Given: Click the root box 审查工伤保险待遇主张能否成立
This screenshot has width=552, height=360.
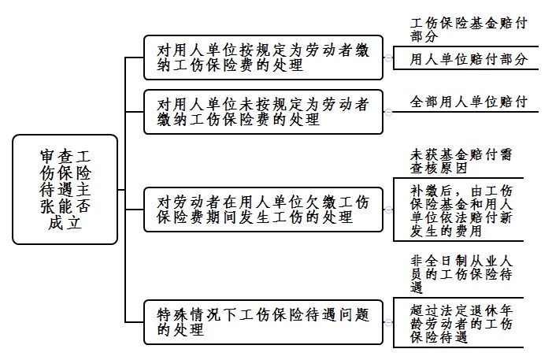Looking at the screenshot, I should [x=65, y=189].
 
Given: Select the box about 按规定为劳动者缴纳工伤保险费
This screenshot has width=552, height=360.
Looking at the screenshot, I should [x=264, y=57].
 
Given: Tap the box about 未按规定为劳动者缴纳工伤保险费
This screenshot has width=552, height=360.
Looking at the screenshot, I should [x=264, y=111].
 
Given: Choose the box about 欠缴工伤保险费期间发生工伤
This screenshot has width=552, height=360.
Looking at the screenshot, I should [x=264, y=209].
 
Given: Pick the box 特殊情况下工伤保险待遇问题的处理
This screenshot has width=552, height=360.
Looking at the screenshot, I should [x=264, y=321].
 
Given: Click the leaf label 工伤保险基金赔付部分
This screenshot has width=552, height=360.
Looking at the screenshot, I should [x=468, y=29].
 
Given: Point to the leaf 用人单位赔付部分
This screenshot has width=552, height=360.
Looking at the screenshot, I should [x=468, y=59].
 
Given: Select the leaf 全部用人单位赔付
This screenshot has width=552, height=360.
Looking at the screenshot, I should [x=468, y=102].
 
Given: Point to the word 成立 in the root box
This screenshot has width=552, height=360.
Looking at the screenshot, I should [x=65, y=224].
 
